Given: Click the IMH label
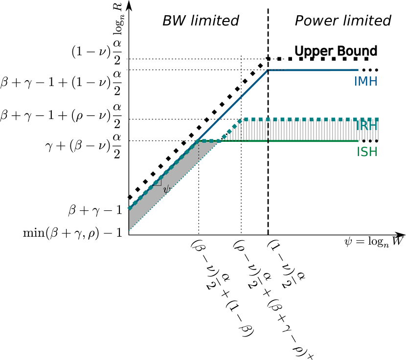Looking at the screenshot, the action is (365, 82).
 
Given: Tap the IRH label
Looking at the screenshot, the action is (366, 126).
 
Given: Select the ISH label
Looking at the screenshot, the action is (366, 153).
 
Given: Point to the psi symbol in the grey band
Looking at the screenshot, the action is (167, 189).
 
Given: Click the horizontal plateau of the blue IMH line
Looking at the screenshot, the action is (313, 70).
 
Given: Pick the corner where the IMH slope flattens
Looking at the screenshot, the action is (268, 70).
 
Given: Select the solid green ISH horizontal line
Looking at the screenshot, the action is (303, 141).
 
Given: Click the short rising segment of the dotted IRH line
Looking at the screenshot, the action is (231, 129).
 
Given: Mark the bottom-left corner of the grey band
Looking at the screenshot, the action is (129, 230).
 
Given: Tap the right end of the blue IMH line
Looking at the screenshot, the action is (358, 70).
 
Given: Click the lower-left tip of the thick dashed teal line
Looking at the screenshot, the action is (129, 208).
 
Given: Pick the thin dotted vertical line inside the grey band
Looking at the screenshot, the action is (199, 151).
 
